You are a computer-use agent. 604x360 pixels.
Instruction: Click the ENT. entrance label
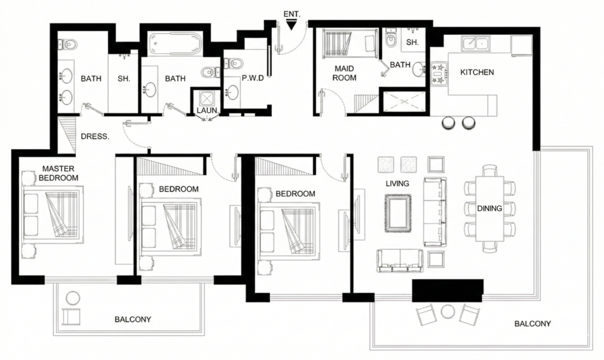pos(291,12)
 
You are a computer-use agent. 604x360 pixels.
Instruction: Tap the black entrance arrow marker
pos(291,24)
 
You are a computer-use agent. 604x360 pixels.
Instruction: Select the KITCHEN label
pos(477,72)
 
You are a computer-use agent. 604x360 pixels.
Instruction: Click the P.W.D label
pos(252,78)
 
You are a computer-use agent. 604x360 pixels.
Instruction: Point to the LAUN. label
pos(208,110)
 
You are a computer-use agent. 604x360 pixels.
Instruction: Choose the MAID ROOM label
pos(344,73)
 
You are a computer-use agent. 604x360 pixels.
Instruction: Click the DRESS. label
pos(95,136)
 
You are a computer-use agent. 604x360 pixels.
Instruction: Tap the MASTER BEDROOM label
pos(58,173)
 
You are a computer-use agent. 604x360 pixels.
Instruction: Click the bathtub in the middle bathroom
pos(176,43)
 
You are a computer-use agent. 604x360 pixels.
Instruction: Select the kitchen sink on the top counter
pos(476,43)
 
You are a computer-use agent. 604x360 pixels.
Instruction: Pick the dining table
pos(490,208)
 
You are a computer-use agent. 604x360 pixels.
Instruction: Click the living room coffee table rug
pos(398,213)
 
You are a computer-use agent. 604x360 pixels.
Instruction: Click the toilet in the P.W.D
pos(234,63)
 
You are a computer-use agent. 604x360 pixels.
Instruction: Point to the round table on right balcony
pos(448,311)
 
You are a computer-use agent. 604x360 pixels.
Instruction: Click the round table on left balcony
pos(73,299)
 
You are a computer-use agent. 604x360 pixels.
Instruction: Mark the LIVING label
pos(397,184)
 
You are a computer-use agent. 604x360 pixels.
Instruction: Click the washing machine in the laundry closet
pos(208,98)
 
